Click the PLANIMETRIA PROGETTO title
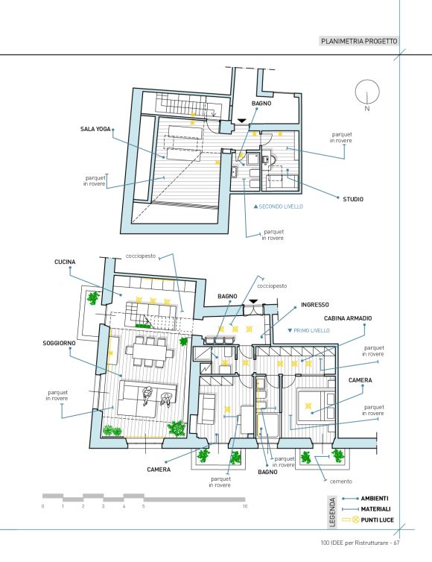pos(359,41)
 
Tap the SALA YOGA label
pos(95,129)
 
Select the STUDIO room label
pos(353,199)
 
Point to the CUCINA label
pos(65,262)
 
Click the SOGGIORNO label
pos(59,343)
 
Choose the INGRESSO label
pos(315,305)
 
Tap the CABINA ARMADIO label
pos(348,318)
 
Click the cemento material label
pos(340,482)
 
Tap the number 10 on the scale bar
pos(245,506)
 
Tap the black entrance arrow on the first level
pos(253,302)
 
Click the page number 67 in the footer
pos(396,543)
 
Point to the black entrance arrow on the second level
pos(242,121)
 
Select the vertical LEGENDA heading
pos(333,512)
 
